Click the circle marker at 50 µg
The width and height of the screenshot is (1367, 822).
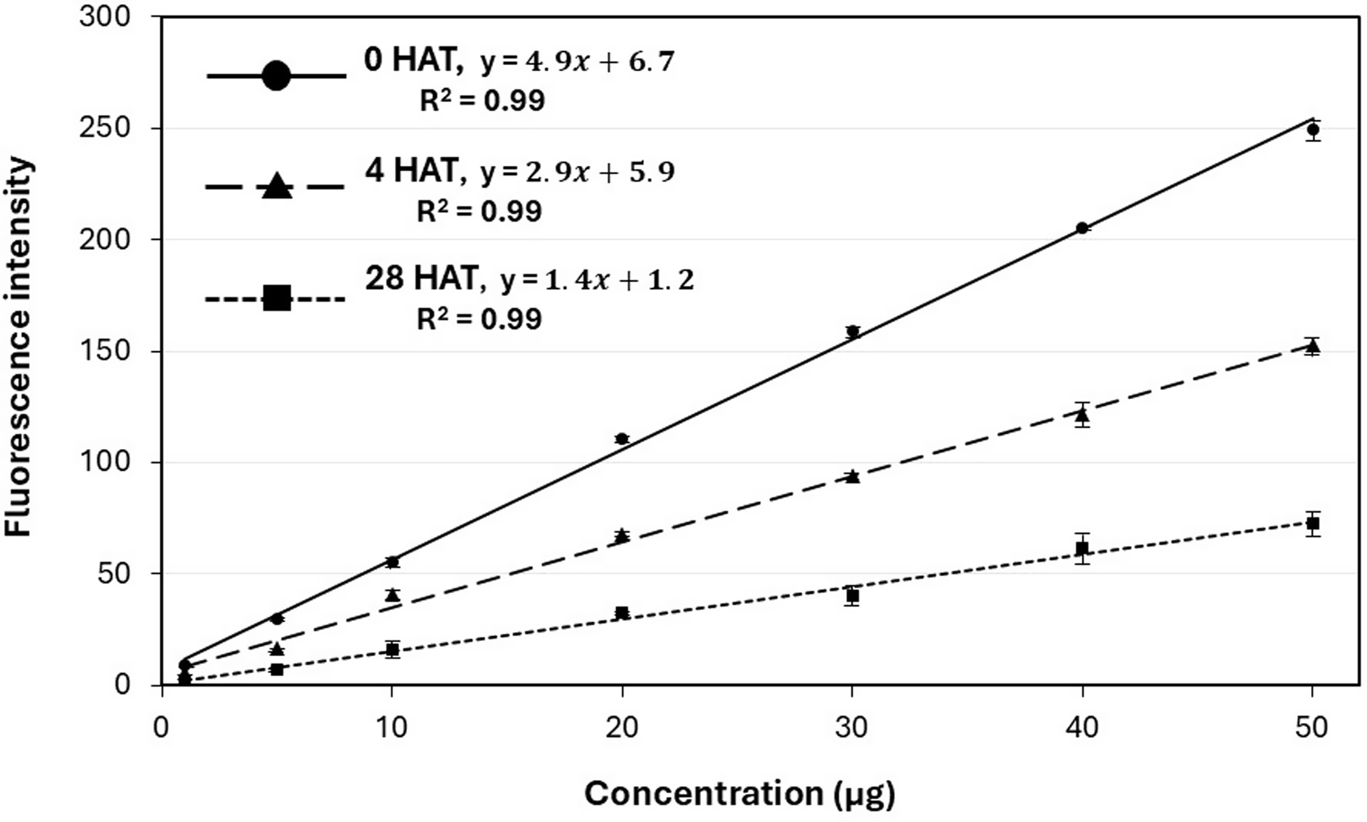[x=1312, y=130]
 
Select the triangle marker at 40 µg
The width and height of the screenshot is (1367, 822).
[x=1082, y=414]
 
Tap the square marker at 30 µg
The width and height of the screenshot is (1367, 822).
[x=852, y=596]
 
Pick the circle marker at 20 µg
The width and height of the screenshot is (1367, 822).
[x=622, y=439]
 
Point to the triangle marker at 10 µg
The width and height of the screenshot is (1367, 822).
[x=391, y=595]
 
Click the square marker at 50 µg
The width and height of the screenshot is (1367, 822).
[x=1312, y=523]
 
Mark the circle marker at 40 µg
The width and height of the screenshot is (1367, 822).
[x=1082, y=228]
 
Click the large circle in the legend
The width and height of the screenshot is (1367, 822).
[x=276, y=76]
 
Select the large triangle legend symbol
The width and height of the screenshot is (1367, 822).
[x=276, y=185]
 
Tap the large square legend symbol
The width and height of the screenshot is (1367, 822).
[x=277, y=299]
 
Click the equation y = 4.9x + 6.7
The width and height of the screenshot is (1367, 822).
[x=577, y=62]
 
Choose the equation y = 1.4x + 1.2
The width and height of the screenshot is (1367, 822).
[x=596, y=281]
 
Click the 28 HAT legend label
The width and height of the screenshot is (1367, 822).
[x=422, y=279]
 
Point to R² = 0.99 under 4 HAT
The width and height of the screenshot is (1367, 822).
[x=479, y=212]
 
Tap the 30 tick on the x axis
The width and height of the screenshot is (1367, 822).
[x=851, y=728]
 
